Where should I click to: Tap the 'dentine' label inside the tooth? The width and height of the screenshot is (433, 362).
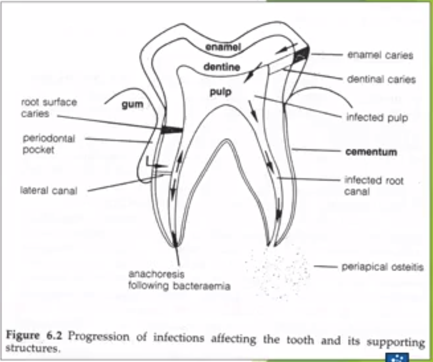click(x=222, y=67)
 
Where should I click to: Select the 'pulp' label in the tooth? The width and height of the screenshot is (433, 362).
click(x=220, y=91)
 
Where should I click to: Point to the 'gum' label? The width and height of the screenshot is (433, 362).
click(x=132, y=105)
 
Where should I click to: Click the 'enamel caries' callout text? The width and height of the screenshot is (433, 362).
click(x=380, y=55)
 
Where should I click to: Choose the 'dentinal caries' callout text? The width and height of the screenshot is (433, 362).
click(x=381, y=79)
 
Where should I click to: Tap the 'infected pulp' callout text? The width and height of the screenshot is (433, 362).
click(x=377, y=118)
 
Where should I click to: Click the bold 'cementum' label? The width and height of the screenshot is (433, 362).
click(x=371, y=152)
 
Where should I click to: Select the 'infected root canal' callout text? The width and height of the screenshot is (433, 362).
click(x=374, y=186)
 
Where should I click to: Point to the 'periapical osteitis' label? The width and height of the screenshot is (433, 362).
click(x=382, y=267)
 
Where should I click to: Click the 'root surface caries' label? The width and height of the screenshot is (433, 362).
click(x=49, y=107)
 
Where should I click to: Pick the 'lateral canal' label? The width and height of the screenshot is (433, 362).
click(x=49, y=191)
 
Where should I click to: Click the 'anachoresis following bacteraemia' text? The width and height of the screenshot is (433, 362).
click(x=179, y=280)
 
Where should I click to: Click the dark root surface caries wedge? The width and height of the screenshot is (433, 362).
click(x=172, y=129)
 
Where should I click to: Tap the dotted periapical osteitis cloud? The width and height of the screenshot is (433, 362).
click(x=278, y=271)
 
